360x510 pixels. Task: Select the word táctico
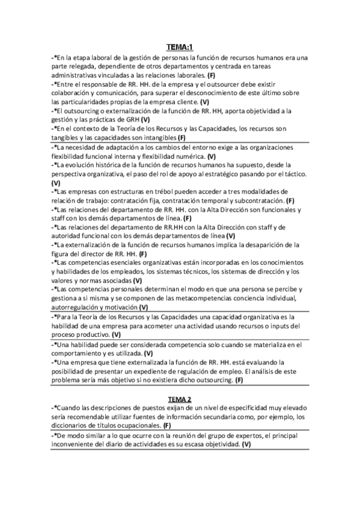pos(294,173)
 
